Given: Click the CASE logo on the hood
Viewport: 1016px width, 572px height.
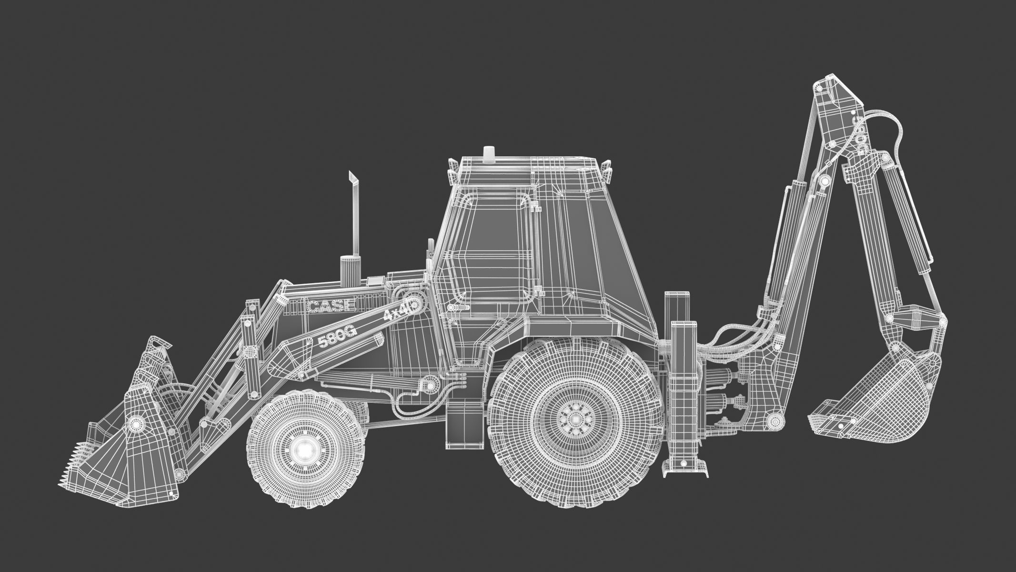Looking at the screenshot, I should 332,305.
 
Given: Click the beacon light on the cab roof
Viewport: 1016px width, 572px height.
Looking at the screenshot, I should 488,153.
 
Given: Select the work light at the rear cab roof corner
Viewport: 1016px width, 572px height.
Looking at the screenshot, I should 606,169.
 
